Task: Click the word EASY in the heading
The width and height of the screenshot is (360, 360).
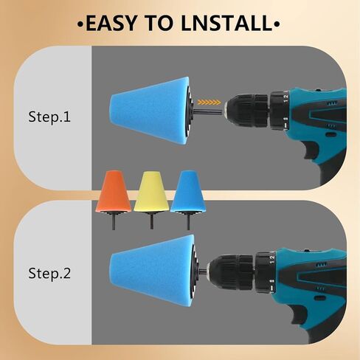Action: [x=111, y=23]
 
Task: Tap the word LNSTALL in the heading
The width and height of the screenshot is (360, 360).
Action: [x=226, y=23]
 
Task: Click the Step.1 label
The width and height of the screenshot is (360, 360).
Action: [x=49, y=117]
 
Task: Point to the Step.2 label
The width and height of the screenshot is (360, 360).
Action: [x=49, y=273]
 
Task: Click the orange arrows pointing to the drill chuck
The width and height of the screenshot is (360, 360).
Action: [x=210, y=103]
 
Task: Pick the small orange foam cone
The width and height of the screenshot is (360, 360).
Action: [x=114, y=191]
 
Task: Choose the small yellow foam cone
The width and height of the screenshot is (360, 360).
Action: [x=151, y=191]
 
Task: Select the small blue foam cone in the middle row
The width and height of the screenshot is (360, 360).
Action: [x=188, y=191]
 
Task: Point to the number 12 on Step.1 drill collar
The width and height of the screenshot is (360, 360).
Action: [x=285, y=98]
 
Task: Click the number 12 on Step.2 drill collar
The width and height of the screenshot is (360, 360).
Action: [x=271, y=260]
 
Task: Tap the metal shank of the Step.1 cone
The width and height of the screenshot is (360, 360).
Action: [x=210, y=112]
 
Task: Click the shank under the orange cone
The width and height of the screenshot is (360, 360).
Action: [x=114, y=221]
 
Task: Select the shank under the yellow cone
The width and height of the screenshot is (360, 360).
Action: [x=151, y=221]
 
